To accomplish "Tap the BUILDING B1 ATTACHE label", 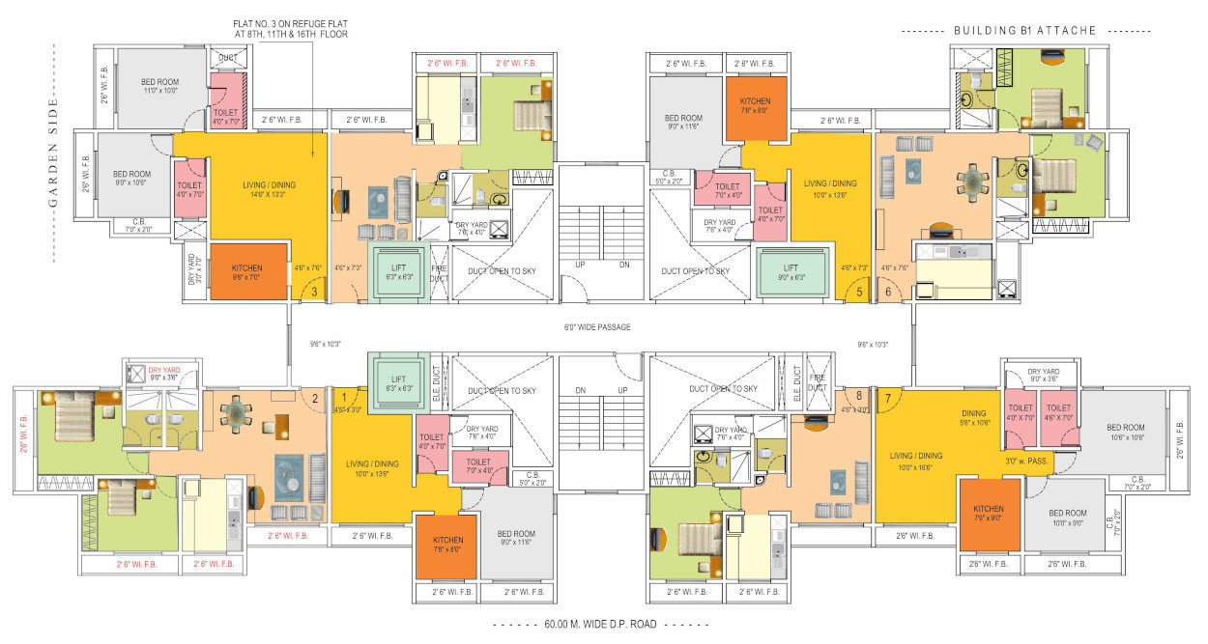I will point(1024,31).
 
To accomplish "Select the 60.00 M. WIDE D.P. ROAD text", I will point(599,625).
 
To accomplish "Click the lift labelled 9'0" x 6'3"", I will point(791,272).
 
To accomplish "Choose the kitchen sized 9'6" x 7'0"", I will point(248,271).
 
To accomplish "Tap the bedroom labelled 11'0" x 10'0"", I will point(161,86).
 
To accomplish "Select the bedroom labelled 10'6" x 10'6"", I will point(1125,432).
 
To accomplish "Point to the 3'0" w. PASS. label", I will point(1027,462).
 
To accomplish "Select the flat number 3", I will point(313,292).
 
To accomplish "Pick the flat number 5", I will point(858,292).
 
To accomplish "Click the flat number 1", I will point(342,396).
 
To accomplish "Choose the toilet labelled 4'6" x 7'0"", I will point(1058,412).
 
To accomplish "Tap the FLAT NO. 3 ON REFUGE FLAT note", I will point(290,28).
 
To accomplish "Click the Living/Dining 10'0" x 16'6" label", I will point(917,461).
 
